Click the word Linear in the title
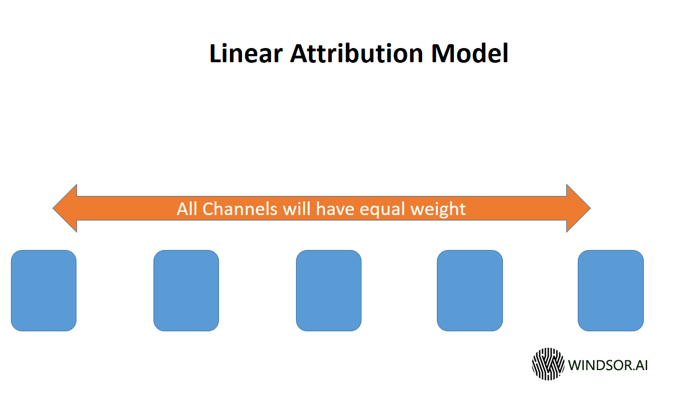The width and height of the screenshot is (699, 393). click(246, 53)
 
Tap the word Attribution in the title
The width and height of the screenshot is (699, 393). click(357, 53)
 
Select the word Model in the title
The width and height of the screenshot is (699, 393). click(470, 53)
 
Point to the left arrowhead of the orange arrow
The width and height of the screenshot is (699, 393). click(65, 208)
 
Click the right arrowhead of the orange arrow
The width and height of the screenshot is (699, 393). click(578, 208)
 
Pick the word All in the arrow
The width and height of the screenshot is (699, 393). click(187, 209)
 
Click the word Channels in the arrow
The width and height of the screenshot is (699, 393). click(240, 209)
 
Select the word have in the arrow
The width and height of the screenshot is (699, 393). click(335, 209)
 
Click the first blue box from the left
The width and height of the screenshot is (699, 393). click(44, 290)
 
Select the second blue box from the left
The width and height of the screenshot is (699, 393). click(186, 290)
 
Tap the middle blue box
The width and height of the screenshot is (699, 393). click(329, 290)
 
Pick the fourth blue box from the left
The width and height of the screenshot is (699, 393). click(470, 290)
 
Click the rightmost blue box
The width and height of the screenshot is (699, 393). click(611, 290)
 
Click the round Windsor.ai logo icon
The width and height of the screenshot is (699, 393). click(548, 364)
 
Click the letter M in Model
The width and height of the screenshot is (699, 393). click(442, 53)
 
